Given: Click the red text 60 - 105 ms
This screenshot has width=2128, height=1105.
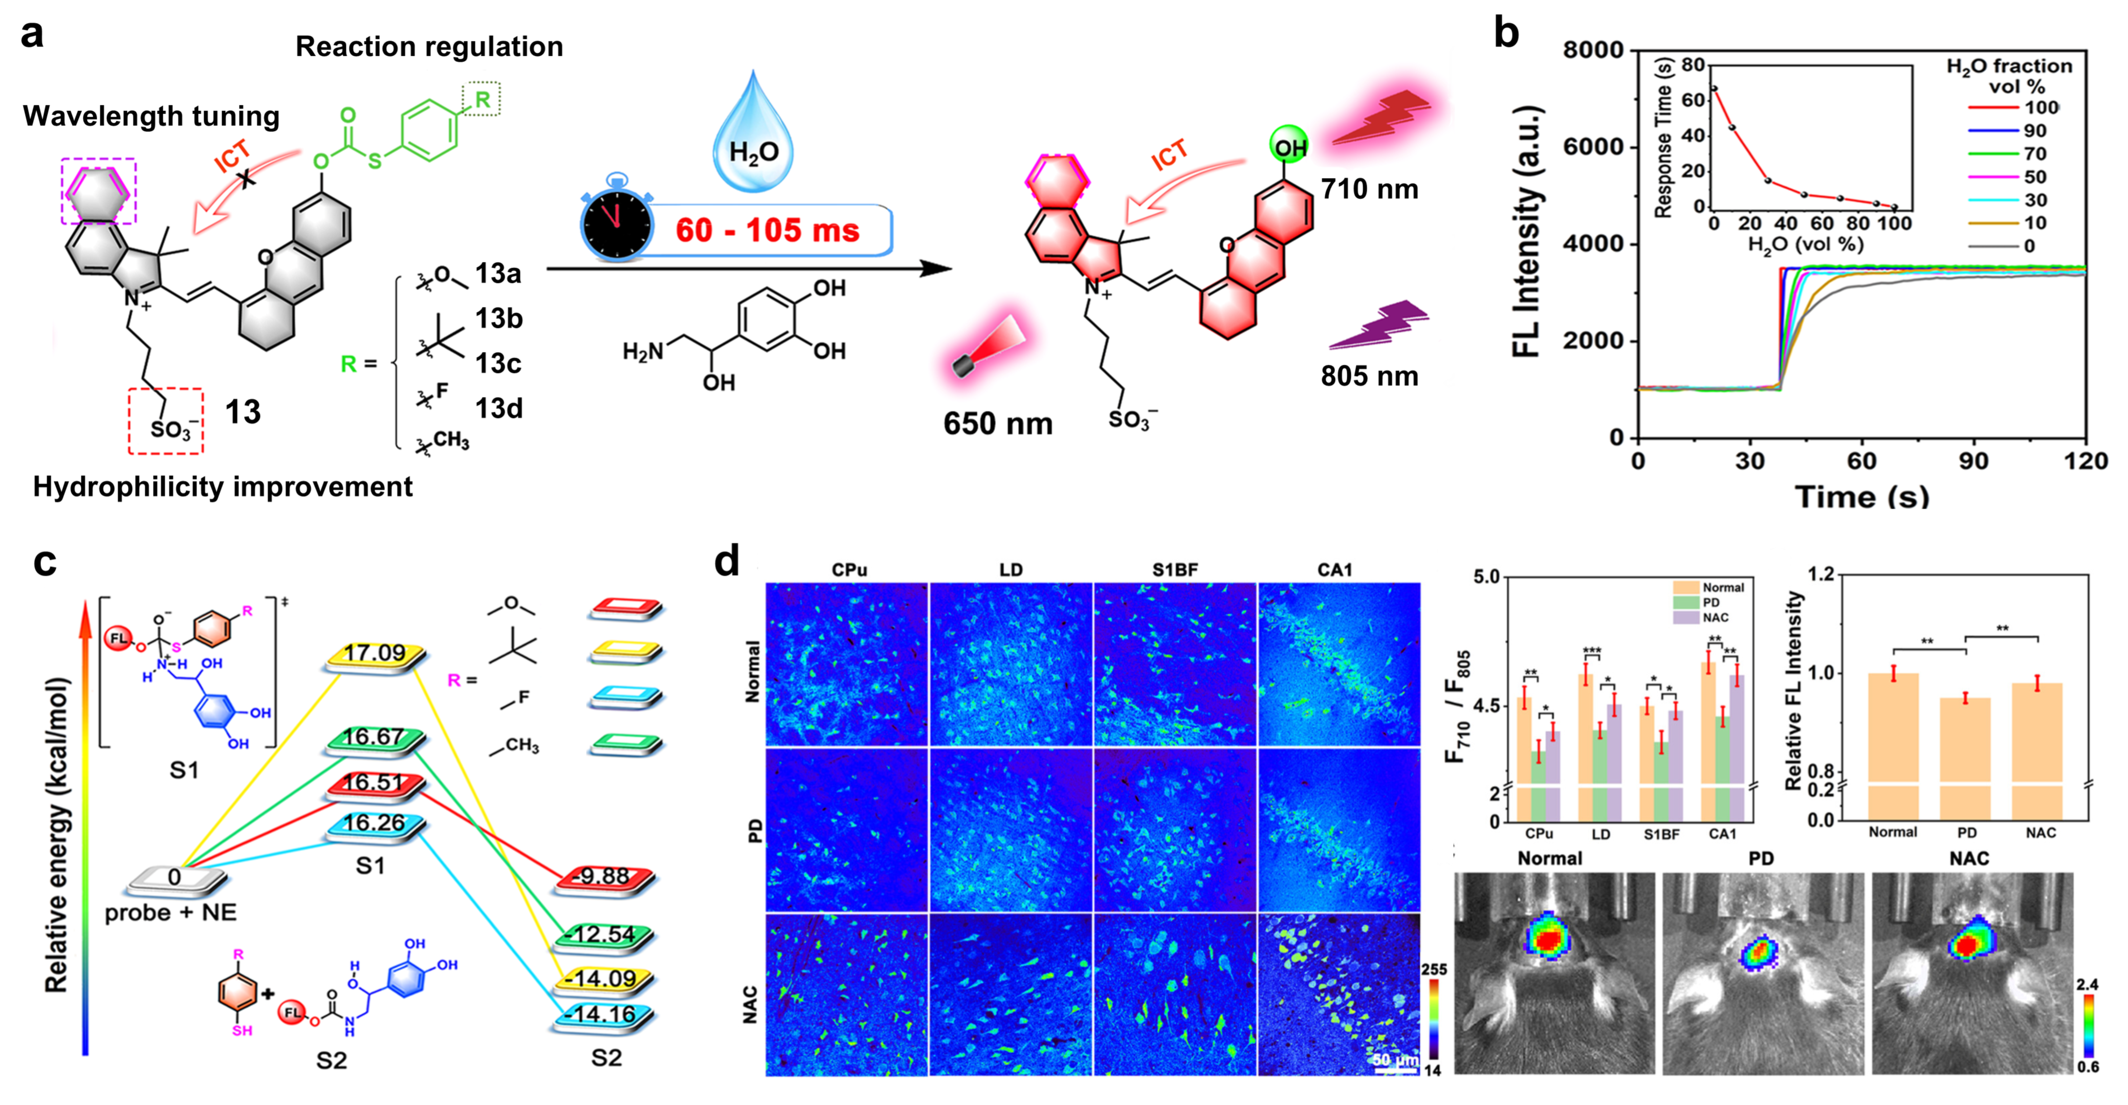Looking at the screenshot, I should pyautogui.click(x=767, y=230).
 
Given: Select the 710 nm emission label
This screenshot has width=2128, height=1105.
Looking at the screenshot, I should pyautogui.click(x=1369, y=189).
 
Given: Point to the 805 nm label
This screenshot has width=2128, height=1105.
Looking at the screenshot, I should pyautogui.click(x=1369, y=377).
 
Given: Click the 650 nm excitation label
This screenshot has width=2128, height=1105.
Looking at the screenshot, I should pyautogui.click(x=998, y=424).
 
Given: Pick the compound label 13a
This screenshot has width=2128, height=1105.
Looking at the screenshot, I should pyautogui.click(x=498, y=273).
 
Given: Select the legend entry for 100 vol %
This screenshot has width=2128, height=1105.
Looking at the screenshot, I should pyautogui.click(x=2041, y=107).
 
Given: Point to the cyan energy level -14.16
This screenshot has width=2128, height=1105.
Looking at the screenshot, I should pyautogui.click(x=605, y=1015).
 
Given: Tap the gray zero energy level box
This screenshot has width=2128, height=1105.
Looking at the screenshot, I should pyautogui.click(x=175, y=878).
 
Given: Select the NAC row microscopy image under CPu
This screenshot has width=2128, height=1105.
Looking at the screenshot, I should pyautogui.click(x=847, y=993).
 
